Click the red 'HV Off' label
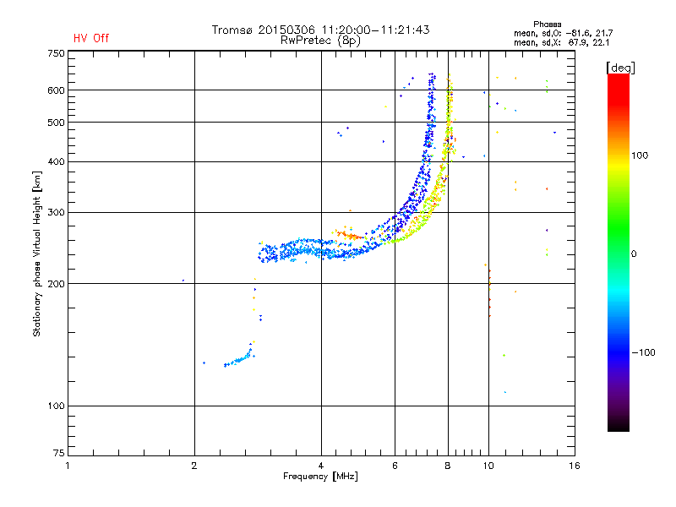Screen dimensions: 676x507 [91, 38]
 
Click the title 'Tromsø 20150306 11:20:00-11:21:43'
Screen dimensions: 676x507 [321, 30]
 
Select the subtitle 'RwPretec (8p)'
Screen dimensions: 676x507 [321, 41]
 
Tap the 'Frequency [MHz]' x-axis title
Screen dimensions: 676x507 [320, 477]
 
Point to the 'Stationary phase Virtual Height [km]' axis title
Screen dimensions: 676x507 [37, 254]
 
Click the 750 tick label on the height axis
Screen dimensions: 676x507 [56, 53]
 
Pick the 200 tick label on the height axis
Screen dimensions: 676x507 [56, 284]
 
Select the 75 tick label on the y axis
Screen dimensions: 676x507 [59, 453]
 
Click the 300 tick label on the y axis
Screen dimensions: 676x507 [56, 213]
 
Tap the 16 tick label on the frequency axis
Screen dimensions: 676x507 [575, 466]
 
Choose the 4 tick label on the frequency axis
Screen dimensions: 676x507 [321, 466]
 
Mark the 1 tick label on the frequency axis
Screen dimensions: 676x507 [68, 466]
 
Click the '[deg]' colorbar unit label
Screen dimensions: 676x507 [620, 68]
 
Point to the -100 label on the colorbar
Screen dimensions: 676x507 [643, 352]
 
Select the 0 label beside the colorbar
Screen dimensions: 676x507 [634, 254]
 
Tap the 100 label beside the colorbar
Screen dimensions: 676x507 [640, 155]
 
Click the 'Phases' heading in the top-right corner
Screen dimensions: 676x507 [547, 25]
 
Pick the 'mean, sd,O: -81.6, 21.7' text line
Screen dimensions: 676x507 [563, 33]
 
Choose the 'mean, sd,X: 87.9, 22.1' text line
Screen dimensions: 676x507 [561, 42]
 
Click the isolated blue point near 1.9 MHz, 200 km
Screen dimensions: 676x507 [183, 281]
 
